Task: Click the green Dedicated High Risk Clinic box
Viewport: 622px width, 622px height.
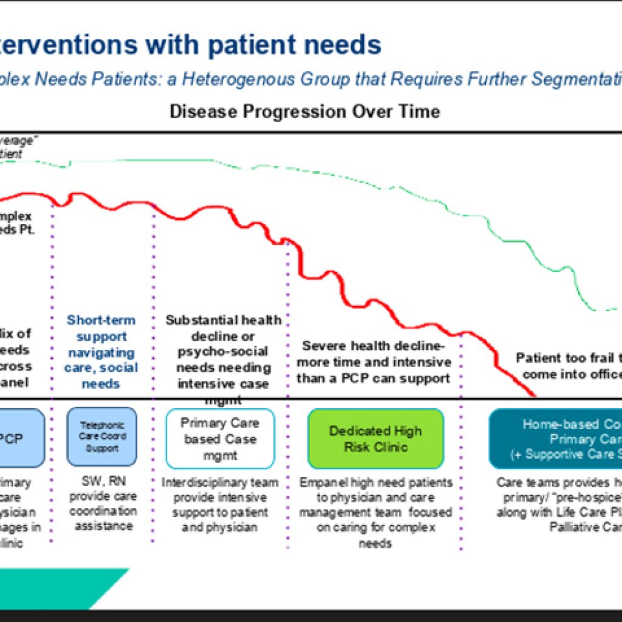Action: pos(375,439)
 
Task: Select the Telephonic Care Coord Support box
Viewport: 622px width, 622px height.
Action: pos(101,437)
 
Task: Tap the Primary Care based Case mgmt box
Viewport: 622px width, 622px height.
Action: pos(220,439)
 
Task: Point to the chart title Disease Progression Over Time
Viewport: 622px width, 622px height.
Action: pos(305,112)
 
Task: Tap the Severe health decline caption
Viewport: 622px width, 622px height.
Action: pos(374,362)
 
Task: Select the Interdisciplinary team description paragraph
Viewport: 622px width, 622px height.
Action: pos(220,504)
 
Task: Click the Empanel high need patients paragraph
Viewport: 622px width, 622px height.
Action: pos(375,511)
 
